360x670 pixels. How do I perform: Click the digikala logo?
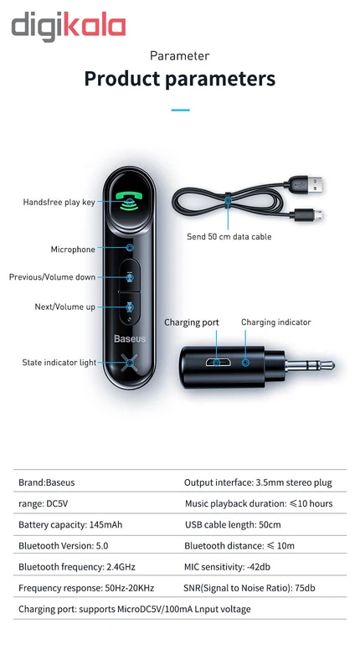click(69, 27)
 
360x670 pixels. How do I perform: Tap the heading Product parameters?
click(179, 79)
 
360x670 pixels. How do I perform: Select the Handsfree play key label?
click(59, 202)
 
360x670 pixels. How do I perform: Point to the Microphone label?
click(73, 249)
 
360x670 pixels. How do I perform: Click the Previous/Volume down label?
click(52, 277)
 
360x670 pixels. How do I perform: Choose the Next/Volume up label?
click(65, 307)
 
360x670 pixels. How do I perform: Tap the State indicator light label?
click(59, 363)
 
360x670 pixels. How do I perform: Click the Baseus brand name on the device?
click(130, 339)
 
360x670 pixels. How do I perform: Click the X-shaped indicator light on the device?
click(130, 363)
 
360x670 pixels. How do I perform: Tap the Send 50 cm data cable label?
click(229, 236)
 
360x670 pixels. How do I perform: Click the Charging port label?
click(192, 322)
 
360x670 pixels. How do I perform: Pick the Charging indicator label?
click(276, 322)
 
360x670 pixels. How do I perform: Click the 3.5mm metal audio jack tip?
click(310, 366)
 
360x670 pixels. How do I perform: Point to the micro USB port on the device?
click(218, 363)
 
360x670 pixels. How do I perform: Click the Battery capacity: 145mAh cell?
click(70, 525)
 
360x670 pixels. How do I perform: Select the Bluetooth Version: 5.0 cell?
click(63, 546)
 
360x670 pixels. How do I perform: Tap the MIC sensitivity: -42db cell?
click(227, 567)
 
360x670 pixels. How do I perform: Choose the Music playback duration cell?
click(259, 504)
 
